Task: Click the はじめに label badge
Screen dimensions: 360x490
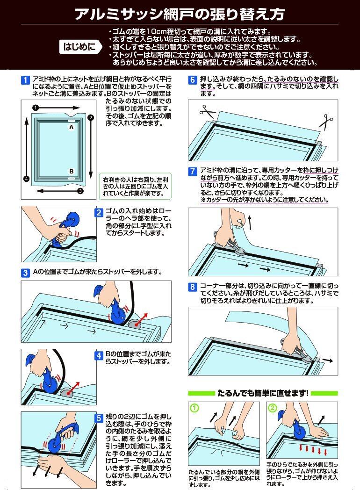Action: (x=80, y=47)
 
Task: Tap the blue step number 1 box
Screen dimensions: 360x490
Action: (x=25, y=80)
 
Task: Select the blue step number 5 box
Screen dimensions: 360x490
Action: (x=99, y=418)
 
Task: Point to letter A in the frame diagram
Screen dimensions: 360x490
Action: (x=71, y=127)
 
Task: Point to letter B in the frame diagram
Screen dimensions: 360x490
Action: (x=71, y=171)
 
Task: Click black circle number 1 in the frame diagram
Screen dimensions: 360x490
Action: (x=35, y=108)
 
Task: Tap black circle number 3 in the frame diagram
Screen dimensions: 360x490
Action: (x=80, y=191)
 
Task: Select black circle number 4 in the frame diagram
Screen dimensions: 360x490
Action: (x=26, y=179)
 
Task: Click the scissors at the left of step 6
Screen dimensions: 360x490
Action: (x=207, y=112)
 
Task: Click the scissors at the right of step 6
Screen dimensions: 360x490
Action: (x=325, y=122)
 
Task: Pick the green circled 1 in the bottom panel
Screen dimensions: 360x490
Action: (x=194, y=408)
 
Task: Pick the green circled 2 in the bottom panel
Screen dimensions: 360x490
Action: (x=273, y=408)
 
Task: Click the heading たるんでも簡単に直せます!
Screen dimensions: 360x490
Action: (x=263, y=393)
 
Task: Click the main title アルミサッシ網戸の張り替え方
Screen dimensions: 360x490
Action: (x=180, y=14)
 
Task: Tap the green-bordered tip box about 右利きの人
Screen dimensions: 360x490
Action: (x=135, y=186)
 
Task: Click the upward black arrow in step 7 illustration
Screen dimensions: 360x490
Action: (x=249, y=222)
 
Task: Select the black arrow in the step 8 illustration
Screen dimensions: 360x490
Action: (x=328, y=360)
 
